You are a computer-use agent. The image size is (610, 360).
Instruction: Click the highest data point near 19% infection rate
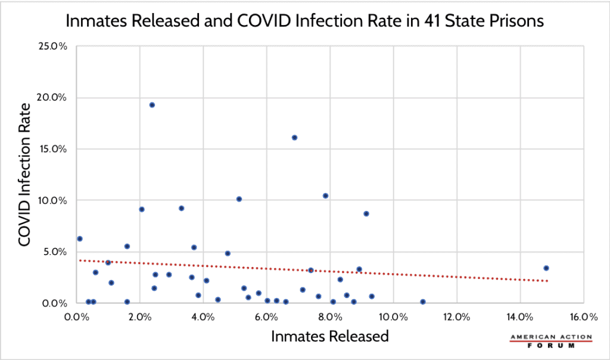click(152, 105)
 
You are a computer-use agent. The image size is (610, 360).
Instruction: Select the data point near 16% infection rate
click(294, 138)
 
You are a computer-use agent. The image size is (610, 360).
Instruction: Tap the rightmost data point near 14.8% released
click(546, 268)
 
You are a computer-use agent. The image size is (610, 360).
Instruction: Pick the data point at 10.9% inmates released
click(422, 302)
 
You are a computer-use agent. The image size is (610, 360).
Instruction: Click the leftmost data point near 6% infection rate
click(80, 238)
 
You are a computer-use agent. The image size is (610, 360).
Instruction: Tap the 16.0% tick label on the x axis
click(583, 316)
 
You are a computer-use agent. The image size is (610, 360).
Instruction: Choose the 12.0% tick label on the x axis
click(456, 316)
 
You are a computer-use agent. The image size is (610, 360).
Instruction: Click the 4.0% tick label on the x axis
click(203, 316)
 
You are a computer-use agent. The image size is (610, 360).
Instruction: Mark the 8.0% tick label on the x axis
click(330, 316)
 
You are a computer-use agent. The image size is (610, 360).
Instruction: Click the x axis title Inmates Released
click(330, 336)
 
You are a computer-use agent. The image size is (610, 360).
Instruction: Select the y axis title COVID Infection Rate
click(25, 174)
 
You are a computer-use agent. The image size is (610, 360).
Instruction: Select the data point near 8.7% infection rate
click(366, 213)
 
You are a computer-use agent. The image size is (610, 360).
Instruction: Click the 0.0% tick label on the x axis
click(76, 316)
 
